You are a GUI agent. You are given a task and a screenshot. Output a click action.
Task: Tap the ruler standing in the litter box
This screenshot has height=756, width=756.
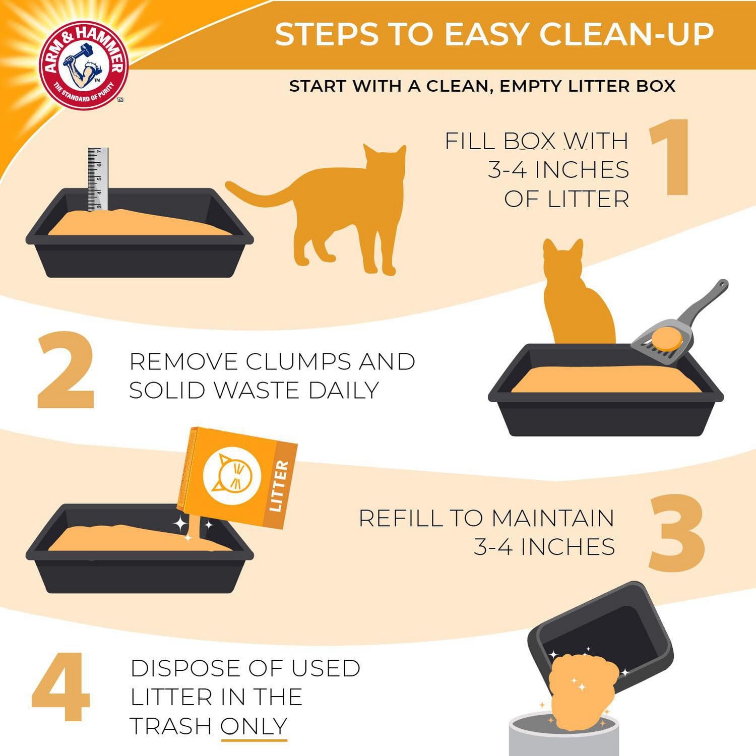98,179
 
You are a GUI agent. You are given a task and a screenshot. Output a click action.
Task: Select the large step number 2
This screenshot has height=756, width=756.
66,370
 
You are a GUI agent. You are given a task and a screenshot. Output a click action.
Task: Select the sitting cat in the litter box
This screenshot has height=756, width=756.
577,297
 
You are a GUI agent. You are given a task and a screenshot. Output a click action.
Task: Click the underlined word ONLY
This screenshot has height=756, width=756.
254,726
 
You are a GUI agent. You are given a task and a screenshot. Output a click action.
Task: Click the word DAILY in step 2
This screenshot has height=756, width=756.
343,391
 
